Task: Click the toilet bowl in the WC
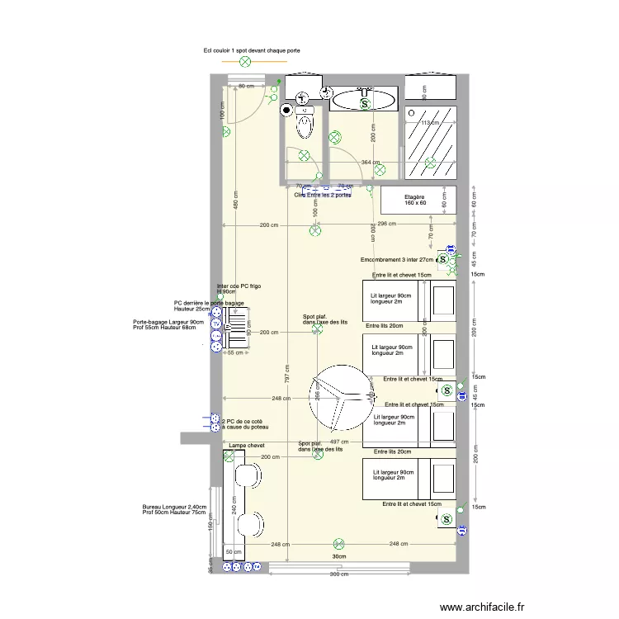pos(305,126)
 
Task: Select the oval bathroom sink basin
pos(363,101)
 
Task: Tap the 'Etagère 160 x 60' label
pos(415,200)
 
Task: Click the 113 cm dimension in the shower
pos(429,122)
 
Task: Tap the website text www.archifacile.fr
pos(482,607)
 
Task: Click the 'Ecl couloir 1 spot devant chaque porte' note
pos(252,50)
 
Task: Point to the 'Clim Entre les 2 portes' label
pos(323,195)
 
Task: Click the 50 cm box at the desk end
pos(233,552)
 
